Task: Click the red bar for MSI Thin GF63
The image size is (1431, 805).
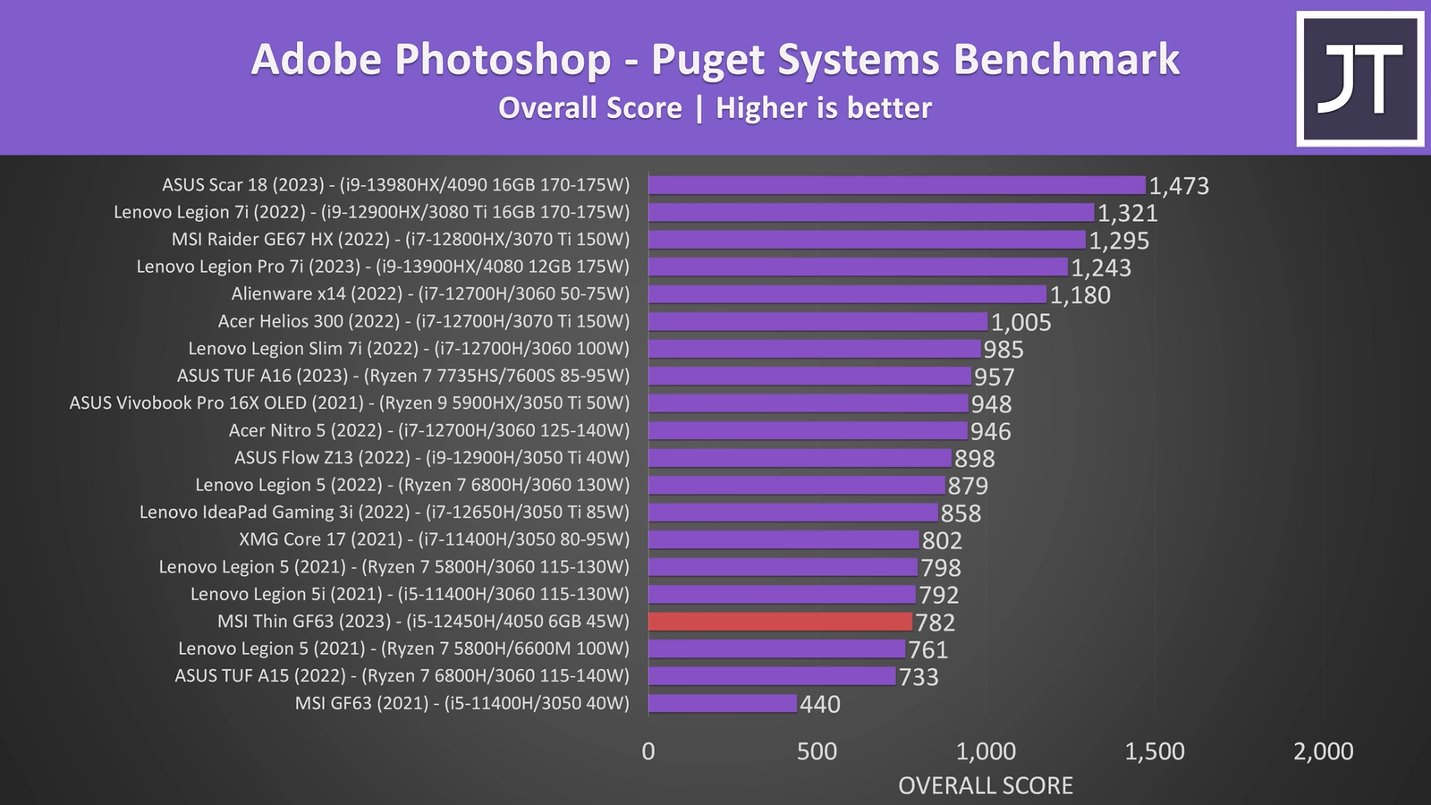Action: [780, 622]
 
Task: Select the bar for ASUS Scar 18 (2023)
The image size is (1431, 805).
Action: [896, 185]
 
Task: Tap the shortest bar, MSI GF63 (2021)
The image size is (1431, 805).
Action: [722, 703]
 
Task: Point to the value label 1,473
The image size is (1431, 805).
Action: [1179, 186]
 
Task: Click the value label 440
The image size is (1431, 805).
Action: [820, 705]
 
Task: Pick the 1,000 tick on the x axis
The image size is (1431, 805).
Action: [986, 751]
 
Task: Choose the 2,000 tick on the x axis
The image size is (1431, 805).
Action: [1323, 751]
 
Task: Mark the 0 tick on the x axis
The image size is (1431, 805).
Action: [648, 751]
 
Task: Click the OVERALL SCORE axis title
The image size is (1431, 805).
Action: [985, 785]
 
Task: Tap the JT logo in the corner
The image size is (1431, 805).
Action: [1360, 79]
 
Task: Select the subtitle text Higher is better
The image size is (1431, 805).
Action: [823, 108]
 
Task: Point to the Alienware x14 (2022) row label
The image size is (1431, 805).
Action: [430, 293]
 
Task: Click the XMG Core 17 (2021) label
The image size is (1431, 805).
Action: [434, 539]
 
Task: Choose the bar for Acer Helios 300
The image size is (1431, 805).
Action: [817, 322]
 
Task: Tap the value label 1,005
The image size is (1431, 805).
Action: [1021, 323]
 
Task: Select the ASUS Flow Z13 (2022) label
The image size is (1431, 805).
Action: [432, 458]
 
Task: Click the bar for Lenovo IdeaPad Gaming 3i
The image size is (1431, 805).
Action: [792, 513]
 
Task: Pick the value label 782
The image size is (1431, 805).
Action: [936, 623]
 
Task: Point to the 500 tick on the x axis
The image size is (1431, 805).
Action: [817, 751]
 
